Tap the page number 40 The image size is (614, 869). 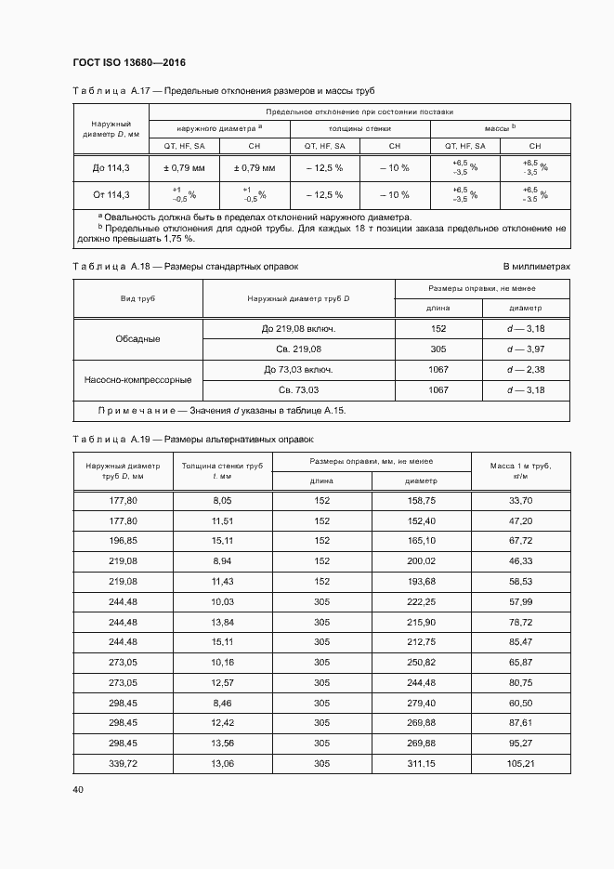tap(78, 790)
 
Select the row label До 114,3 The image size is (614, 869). tap(111, 168)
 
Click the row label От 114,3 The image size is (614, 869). tap(111, 195)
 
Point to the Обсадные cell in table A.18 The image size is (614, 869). tap(137, 339)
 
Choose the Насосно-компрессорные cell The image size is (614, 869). tap(137, 380)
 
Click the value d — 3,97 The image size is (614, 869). tap(526, 349)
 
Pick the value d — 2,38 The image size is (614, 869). tap(526, 370)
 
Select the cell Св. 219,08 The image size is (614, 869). tap(299, 349)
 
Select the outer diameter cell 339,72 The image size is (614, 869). tap(123, 763)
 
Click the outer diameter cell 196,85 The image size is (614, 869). tap(123, 540)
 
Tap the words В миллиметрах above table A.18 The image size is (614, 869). tap(537, 267)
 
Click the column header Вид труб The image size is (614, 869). tap(137, 299)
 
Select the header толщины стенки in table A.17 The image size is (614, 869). tap(359, 129)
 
